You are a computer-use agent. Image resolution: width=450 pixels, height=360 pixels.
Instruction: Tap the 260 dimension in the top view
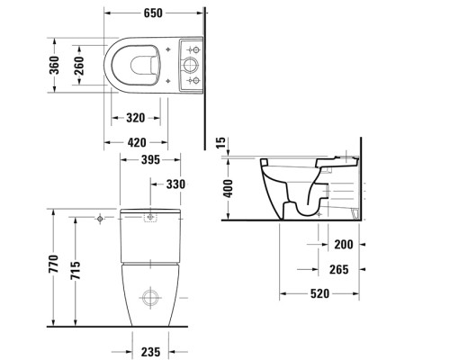(x=79, y=65)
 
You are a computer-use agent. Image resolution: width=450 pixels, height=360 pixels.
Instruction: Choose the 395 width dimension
(x=150, y=160)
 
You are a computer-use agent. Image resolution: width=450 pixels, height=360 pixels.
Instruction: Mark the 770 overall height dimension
(x=54, y=265)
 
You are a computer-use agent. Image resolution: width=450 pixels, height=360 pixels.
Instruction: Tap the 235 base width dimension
(x=150, y=352)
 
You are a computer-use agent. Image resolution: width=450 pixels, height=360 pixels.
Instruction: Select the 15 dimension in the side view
(x=220, y=143)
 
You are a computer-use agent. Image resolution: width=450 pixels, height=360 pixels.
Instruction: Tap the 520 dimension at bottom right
(x=321, y=293)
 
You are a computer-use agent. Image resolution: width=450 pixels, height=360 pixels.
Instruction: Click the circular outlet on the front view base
(x=150, y=296)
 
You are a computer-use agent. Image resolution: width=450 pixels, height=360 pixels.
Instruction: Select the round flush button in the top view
(x=191, y=65)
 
